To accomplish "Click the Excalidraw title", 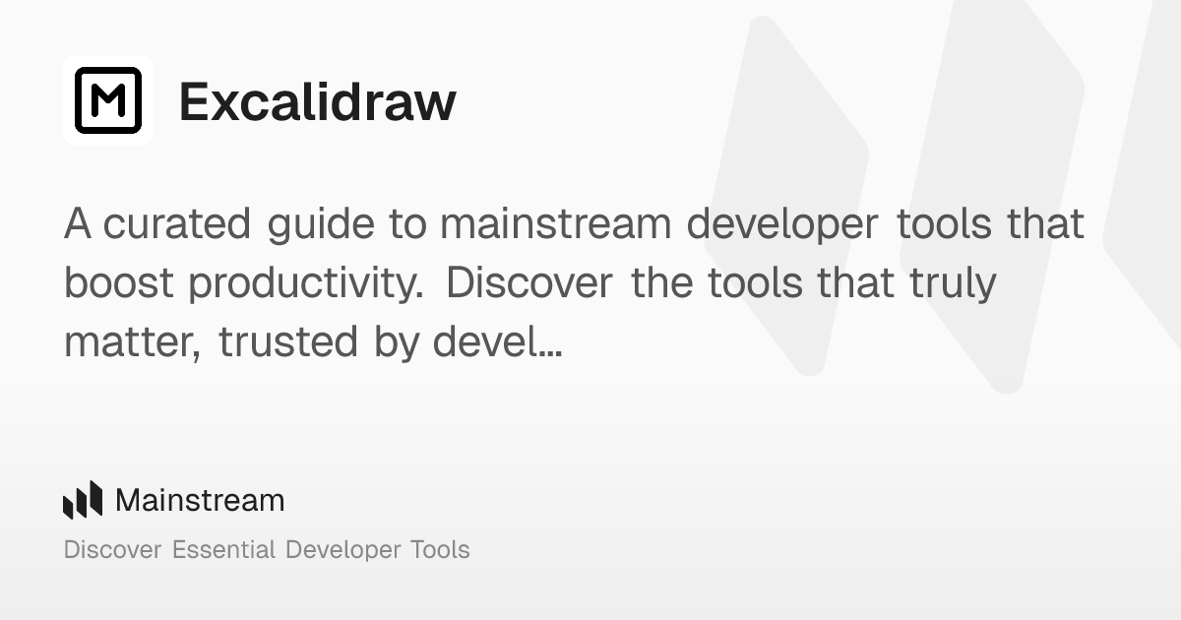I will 317,101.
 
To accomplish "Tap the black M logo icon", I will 108,100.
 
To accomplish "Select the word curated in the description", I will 177,225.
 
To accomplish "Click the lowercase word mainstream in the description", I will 555,225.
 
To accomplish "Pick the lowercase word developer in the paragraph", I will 780,225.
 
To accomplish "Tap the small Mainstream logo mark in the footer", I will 83,500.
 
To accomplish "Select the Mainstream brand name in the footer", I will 200,501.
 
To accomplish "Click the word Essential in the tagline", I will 223,549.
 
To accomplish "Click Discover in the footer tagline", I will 112,549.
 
